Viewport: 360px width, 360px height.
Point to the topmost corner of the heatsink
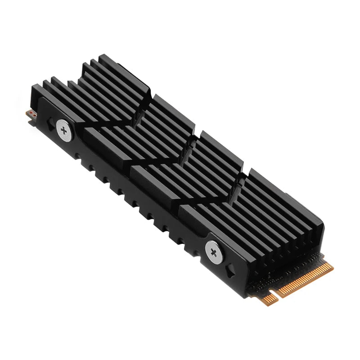(103, 56)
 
